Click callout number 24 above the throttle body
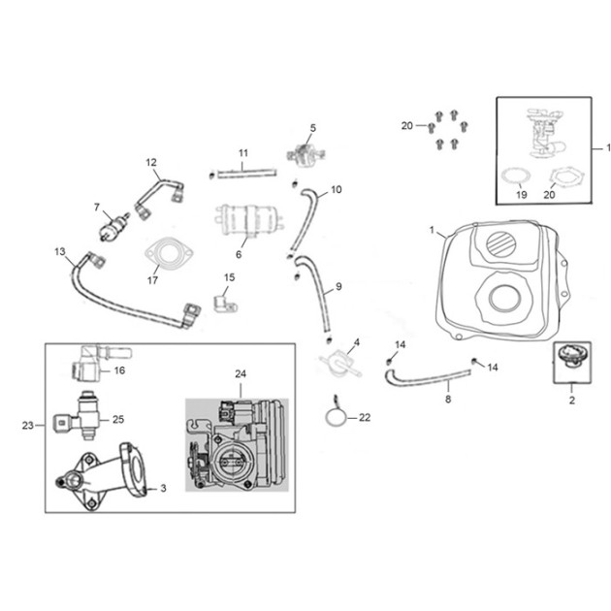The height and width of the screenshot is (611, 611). click(x=241, y=373)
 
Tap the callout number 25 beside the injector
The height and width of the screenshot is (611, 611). click(x=118, y=419)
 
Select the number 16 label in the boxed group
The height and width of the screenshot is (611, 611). click(x=119, y=370)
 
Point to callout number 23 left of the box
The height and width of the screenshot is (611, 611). click(x=28, y=425)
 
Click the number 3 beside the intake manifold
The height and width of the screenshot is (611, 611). click(x=163, y=488)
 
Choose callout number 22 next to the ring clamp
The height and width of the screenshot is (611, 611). click(x=365, y=417)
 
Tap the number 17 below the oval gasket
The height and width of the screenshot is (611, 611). click(x=152, y=279)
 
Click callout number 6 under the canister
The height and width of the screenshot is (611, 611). click(x=239, y=254)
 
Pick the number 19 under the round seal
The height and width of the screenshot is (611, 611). click(x=522, y=194)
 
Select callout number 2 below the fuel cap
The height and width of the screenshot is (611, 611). click(x=571, y=400)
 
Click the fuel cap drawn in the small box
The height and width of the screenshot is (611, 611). click(x=572, y=356)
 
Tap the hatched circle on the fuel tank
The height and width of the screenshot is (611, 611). click(x=502, y=243)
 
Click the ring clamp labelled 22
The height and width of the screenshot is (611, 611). click(x=336, y=417)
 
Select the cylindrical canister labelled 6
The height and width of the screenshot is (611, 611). click(x=246, y=220)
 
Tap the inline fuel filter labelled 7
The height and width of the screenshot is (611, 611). click(x=114, y=226)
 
